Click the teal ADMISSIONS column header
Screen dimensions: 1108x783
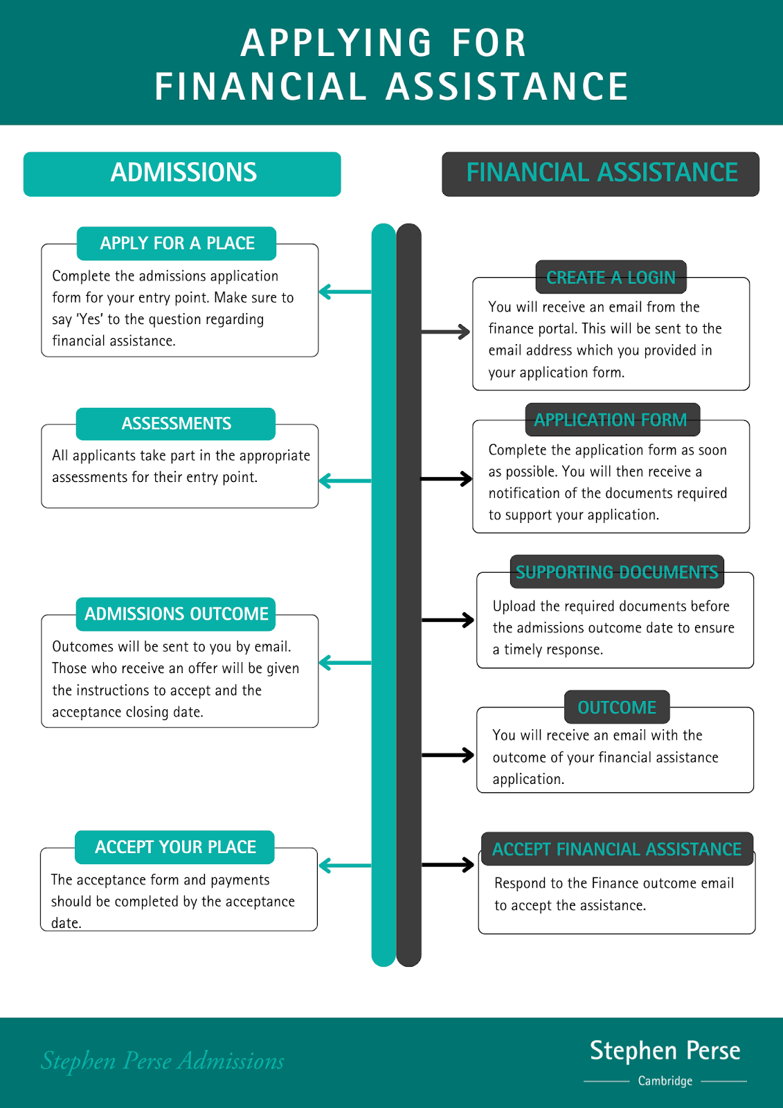pos(182,174)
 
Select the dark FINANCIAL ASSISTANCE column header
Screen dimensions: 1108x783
pos(600,174)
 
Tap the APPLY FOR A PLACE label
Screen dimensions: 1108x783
pos(177,244)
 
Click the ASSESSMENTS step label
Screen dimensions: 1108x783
pos(176,424)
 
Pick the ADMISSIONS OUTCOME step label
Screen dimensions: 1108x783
pos(176,614)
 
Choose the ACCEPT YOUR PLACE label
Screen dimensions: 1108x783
pos(175,848)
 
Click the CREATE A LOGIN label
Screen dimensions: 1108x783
pos(611,278)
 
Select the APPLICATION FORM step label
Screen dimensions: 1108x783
pos(612,420)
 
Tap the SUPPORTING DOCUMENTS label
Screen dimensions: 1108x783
pos(617,573)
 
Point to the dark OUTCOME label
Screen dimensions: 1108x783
pos(617,708)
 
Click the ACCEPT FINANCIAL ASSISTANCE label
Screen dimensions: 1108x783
pos(616,850)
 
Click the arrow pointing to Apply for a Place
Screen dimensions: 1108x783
pos(345,292)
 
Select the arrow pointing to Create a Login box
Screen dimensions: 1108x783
pos(446,332)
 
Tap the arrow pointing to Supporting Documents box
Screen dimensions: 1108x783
pos(447,620)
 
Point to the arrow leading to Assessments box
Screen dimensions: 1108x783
pos(345,481)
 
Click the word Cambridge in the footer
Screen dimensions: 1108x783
pos(665,1081)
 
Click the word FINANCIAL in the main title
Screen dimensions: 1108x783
pos(260,87)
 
